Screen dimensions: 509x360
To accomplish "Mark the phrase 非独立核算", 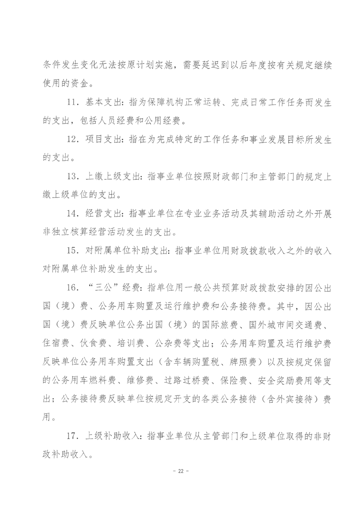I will click(62, 232).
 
